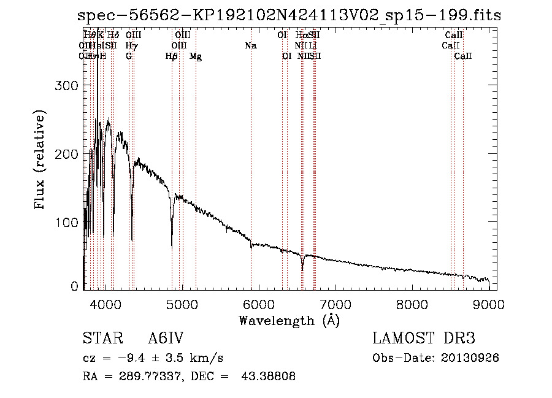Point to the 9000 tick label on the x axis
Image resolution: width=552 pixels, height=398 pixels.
pyautogui.click(x=489, y=305)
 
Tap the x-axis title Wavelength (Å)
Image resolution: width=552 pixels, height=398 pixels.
pyautogui.click(x=289, y=321)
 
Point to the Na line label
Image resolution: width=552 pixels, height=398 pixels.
pyautogui.click(x=250, y=46)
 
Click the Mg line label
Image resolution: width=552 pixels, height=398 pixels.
pyautogui.click(x=196, y=56)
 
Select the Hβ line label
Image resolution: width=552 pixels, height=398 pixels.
pyautogui.click(x=172, y=56)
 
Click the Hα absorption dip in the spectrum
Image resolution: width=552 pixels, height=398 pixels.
pyautogui.click(x=302, y=269)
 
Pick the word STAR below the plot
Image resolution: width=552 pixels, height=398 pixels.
pyautogui.click(x=100, y=339)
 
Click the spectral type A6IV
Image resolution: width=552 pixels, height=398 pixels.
pyautogui.click(x=166, y=339)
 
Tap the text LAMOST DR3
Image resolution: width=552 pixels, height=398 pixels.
pyautogui.click(x=423, y=339)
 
